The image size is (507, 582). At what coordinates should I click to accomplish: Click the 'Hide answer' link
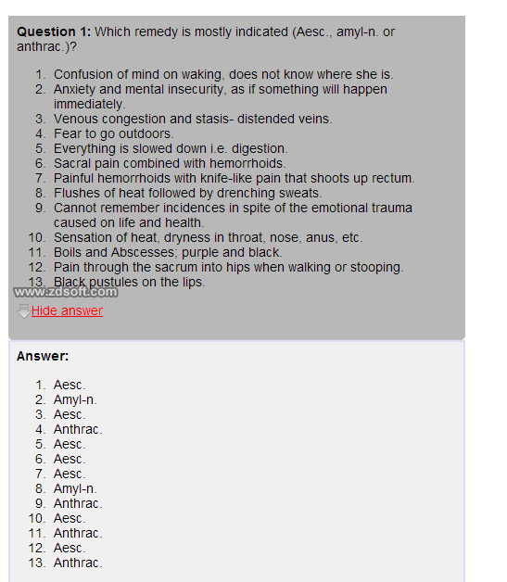[67, 310]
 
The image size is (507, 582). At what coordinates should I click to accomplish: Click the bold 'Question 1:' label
[54, 32]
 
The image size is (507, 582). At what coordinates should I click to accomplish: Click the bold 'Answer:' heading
[43, 356]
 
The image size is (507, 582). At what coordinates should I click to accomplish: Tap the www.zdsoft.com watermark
[66, 292]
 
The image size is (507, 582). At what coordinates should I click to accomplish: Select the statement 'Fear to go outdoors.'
[113, 133]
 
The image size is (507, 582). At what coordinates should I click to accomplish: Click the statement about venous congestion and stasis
[192, 119]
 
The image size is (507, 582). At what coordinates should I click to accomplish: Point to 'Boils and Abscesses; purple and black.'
[167, 252]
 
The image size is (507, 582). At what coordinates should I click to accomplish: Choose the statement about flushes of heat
[187, 193]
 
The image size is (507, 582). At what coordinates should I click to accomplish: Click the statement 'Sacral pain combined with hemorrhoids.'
[169, 163]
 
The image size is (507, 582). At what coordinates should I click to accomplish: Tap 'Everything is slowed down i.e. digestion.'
[170, 148]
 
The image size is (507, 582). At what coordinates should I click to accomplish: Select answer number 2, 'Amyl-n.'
[74, 399]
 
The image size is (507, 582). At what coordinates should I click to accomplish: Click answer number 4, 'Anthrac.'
[77, 429]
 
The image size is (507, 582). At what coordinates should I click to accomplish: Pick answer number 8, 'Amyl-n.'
[74, 488]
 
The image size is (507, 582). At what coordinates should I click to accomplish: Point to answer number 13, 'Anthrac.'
[77, 563]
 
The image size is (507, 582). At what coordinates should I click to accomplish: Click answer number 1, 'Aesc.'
[69, 385]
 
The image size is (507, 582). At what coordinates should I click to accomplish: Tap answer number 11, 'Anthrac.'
[77, 533]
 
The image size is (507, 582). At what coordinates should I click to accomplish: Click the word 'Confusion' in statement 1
[83, 74]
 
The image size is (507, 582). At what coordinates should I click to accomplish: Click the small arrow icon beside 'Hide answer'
[24, 311]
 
